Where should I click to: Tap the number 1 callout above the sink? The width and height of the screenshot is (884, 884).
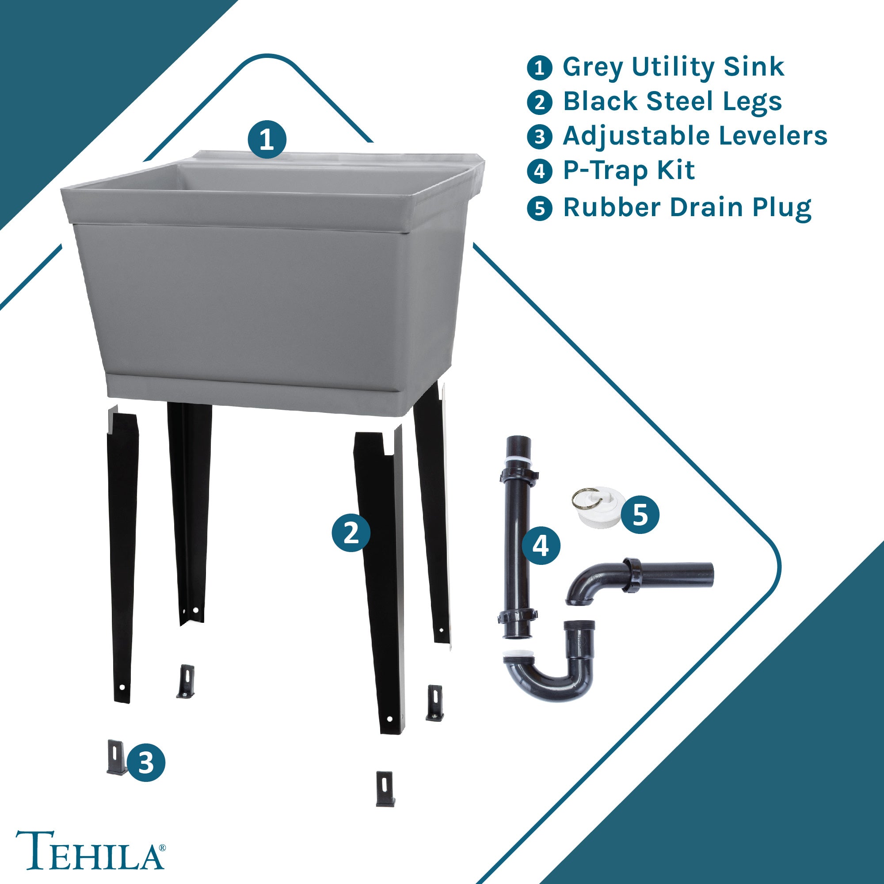[x=267, y=140]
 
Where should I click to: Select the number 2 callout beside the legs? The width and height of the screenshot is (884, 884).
[x=351, y=532]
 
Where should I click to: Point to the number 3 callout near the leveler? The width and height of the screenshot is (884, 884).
[x=146, y=762]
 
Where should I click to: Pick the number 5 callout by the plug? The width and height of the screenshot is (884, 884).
[x=640, y=514]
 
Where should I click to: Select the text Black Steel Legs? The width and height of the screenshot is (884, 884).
[x=672, y=102]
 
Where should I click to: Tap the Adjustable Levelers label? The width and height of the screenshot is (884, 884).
[x=695, y=136]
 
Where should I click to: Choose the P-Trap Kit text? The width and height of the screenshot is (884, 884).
[x=629, y=171]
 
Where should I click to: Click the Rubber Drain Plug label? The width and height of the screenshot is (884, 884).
[x=687, y=208]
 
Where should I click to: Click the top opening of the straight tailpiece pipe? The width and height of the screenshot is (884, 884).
[x=519, y=438]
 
